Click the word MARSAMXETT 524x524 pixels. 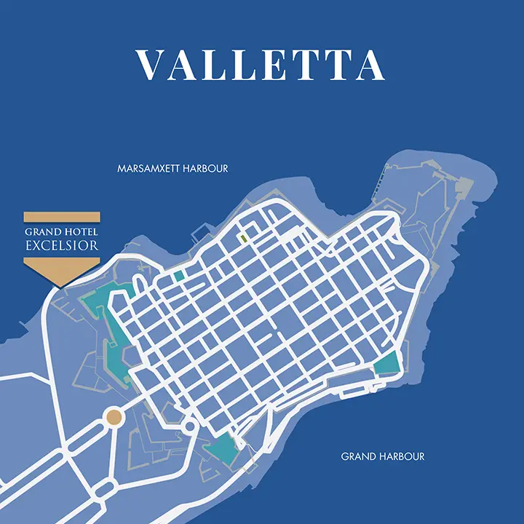[x=146, y=168]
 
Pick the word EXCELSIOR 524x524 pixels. [x=62, y=245]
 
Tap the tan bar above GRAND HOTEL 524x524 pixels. [x=62, y=217]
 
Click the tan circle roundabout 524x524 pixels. [x=114, y=417]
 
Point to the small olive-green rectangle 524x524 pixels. [x=243, y=237]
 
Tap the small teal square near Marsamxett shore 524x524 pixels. [x=179, y=277]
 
